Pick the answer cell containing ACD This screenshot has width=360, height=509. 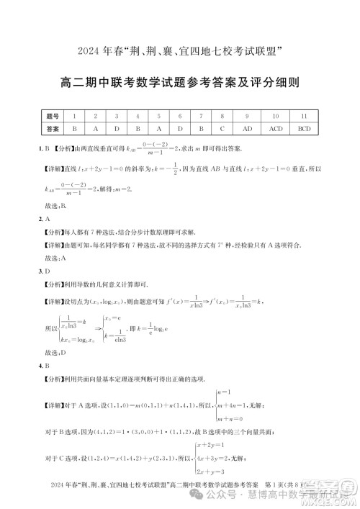click(276, 128)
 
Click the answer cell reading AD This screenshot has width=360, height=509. click(247, 128)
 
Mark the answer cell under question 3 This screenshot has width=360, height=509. click(117, 128)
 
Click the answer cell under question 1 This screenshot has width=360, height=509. click(74, 128)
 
